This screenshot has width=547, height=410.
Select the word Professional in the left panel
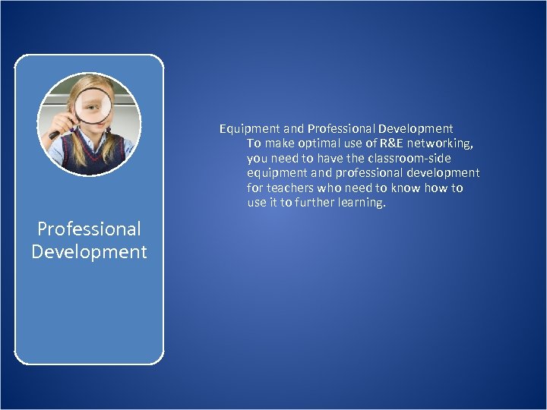pyautogui.click(x=89, y=229)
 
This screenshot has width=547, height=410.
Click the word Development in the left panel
pyautogui.click(x=89, y=251)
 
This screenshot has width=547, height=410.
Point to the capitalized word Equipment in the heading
pyautogui.click(x=248, y=128)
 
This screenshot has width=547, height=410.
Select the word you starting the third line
pyautogui.click(x=258, y=158)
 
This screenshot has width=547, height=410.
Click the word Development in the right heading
pyautogui.click(x=416, y=128)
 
